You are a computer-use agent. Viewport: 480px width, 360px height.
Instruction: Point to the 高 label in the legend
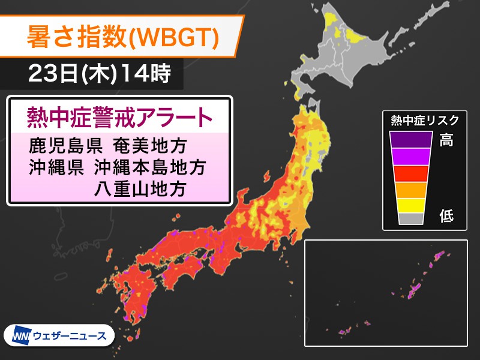point(446,140)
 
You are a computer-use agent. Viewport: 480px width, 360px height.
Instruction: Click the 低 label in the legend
point(446,217)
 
